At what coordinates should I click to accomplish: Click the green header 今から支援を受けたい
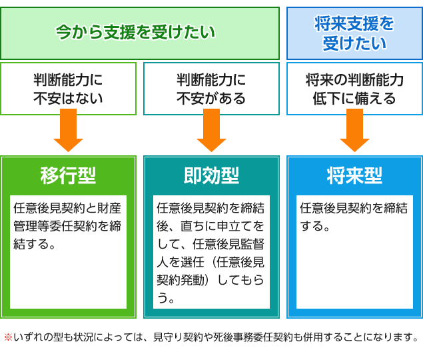click(x=140, y=33)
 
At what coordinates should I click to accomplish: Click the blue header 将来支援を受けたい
click(x=354, y=33)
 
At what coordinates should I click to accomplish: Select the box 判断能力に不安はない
click(x=68, y=89)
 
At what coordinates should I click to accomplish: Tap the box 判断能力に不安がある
click(x=212, y=89)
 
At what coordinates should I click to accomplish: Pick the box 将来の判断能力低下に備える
click(x=354, y=89)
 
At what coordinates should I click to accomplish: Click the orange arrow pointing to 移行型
click(x=68, y=130)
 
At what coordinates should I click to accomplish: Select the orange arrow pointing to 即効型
click(x=212, y=130)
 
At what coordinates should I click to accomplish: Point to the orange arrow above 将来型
click(x=354, y=130)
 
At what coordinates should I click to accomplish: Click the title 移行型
click(x=68, y=175)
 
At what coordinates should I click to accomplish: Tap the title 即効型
click(x=212, y=175)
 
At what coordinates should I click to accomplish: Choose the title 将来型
click(x=354, y=175)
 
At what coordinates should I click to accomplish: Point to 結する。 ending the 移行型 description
click(x=34, y=244)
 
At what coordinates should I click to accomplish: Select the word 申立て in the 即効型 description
click(x=234, y=226)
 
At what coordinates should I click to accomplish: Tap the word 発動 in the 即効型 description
click(x=193, y=280)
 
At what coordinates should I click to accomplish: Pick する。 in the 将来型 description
click(x=315, y=226)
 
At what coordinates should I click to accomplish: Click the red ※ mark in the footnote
click(x=9, y=337)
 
